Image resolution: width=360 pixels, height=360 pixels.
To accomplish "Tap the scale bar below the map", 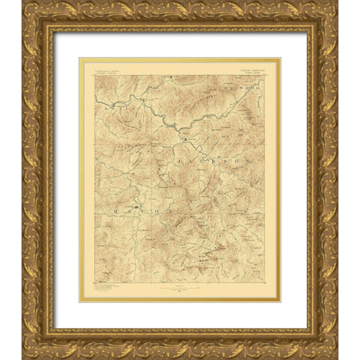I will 180,288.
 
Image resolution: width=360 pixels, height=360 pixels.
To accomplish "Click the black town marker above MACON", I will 136,205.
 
